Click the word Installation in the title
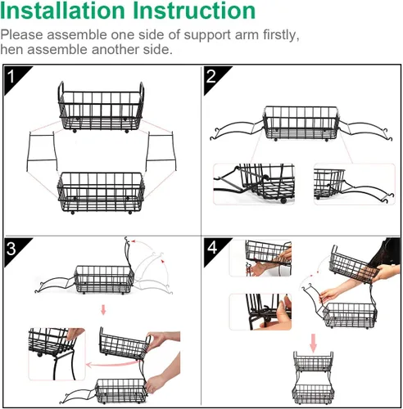62,11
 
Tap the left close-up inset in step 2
254,184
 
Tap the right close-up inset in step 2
355,184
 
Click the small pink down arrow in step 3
103,310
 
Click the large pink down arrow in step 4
314,343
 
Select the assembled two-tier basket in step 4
314,378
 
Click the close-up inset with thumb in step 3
57,354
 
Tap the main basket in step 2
301,124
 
